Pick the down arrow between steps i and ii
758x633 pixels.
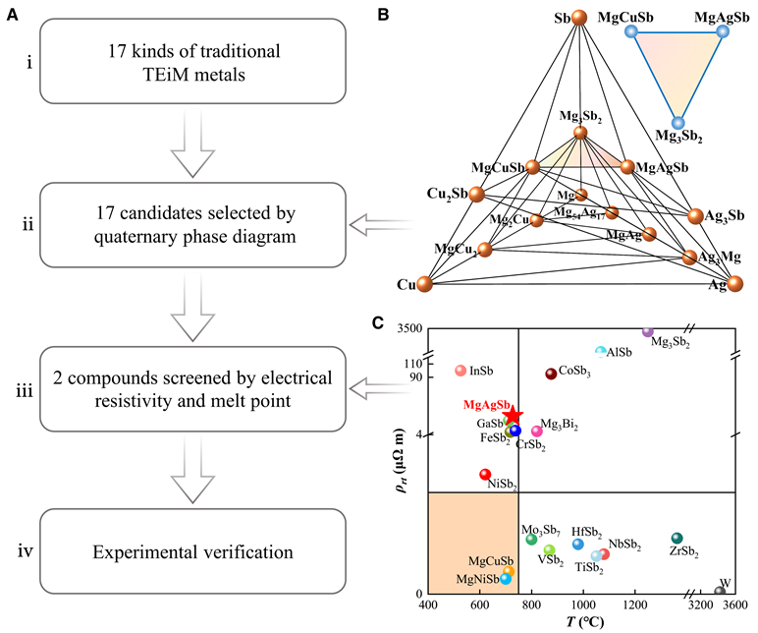[x=192, y=144]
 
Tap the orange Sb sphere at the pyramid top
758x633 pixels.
[x=579, y=18]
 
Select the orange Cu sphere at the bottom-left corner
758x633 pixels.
[x=425, y=285]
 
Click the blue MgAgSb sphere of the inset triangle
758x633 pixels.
[x=723, y=31]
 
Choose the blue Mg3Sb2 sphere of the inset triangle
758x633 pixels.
[x=676, y=122]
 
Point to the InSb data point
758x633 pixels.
[x=460, y=371]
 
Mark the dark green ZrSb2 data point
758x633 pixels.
[x=677, y=538]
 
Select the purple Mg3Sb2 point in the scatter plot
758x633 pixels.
[x=648, y=332]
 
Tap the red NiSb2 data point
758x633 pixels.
[x=485, y=474]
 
